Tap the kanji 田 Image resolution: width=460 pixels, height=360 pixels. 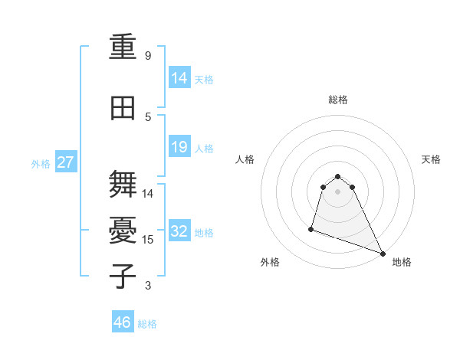pos(123,110)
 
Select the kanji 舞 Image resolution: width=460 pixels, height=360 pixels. pos(123,186)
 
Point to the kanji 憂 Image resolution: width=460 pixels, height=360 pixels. pos(123,232)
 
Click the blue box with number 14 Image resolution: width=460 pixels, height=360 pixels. pos(179,79)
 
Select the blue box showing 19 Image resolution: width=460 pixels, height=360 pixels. pos(179,148)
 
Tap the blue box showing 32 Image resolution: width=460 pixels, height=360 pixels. pos(179,232)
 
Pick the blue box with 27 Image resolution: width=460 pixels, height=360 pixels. pos(66,163)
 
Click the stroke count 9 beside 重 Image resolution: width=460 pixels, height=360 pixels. pos(148,56)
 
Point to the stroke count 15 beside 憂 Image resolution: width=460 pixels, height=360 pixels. pos(148,240)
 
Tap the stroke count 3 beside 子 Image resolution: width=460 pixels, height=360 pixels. pos(148,286)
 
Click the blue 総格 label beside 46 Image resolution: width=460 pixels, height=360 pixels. pos(147,324)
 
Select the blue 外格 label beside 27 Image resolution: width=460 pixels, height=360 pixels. pos(41,164)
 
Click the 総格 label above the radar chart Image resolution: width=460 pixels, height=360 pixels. pos(338,100)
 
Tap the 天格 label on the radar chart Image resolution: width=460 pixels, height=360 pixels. pos(431,159)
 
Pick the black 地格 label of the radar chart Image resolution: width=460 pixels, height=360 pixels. pos(402,262)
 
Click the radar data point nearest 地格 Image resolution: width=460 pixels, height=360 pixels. pos(383,254)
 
